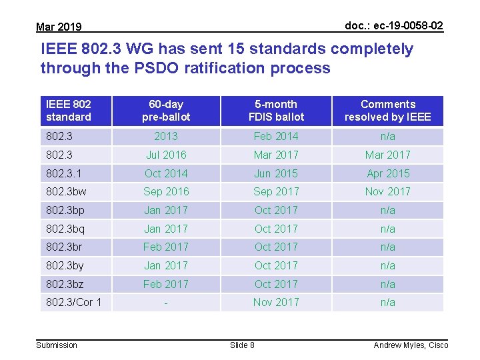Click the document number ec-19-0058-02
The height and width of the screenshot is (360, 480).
tap(393, 25)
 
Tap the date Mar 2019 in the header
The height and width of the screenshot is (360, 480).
tap(59, 27)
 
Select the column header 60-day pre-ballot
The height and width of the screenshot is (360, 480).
tap(166, 111)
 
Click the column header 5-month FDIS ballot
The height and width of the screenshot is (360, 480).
tap(276, 111)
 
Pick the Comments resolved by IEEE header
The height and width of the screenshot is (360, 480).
tap(387, 111)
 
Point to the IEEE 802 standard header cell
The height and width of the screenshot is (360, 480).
tap(69, 111)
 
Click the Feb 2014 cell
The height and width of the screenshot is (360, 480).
tap(276, 136)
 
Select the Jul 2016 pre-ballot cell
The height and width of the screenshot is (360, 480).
tap(166, 155)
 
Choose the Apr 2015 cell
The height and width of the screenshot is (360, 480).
tap(387, 173)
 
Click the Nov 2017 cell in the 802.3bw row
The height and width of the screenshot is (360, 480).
tap(387, 191)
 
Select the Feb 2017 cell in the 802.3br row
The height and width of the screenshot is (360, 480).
tap(166, 247)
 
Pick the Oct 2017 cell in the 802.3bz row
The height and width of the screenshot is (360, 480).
tap(276, 284)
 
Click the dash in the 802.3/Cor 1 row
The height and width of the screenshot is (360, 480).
tap(166, 303)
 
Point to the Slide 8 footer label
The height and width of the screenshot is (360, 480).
tap(242, 345)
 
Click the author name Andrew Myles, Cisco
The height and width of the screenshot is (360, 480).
tap(411, 345)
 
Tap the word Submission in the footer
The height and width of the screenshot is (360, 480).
tap(57, 345)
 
